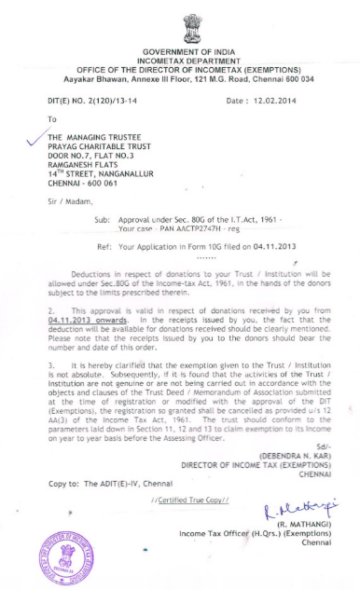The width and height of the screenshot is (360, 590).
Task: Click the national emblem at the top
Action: tap(181, 21)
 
